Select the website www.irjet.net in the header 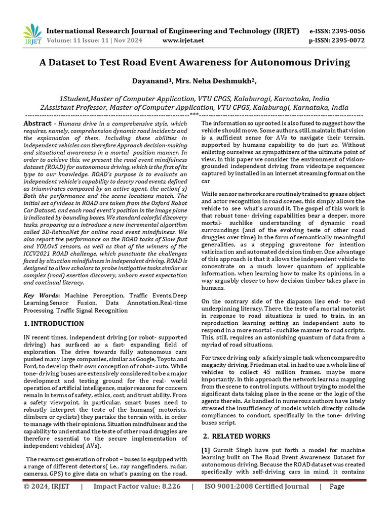point(183,40)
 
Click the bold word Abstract point(37,123)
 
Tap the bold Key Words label point(42,294)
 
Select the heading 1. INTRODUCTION point(54,323)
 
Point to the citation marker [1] point(206,450)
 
